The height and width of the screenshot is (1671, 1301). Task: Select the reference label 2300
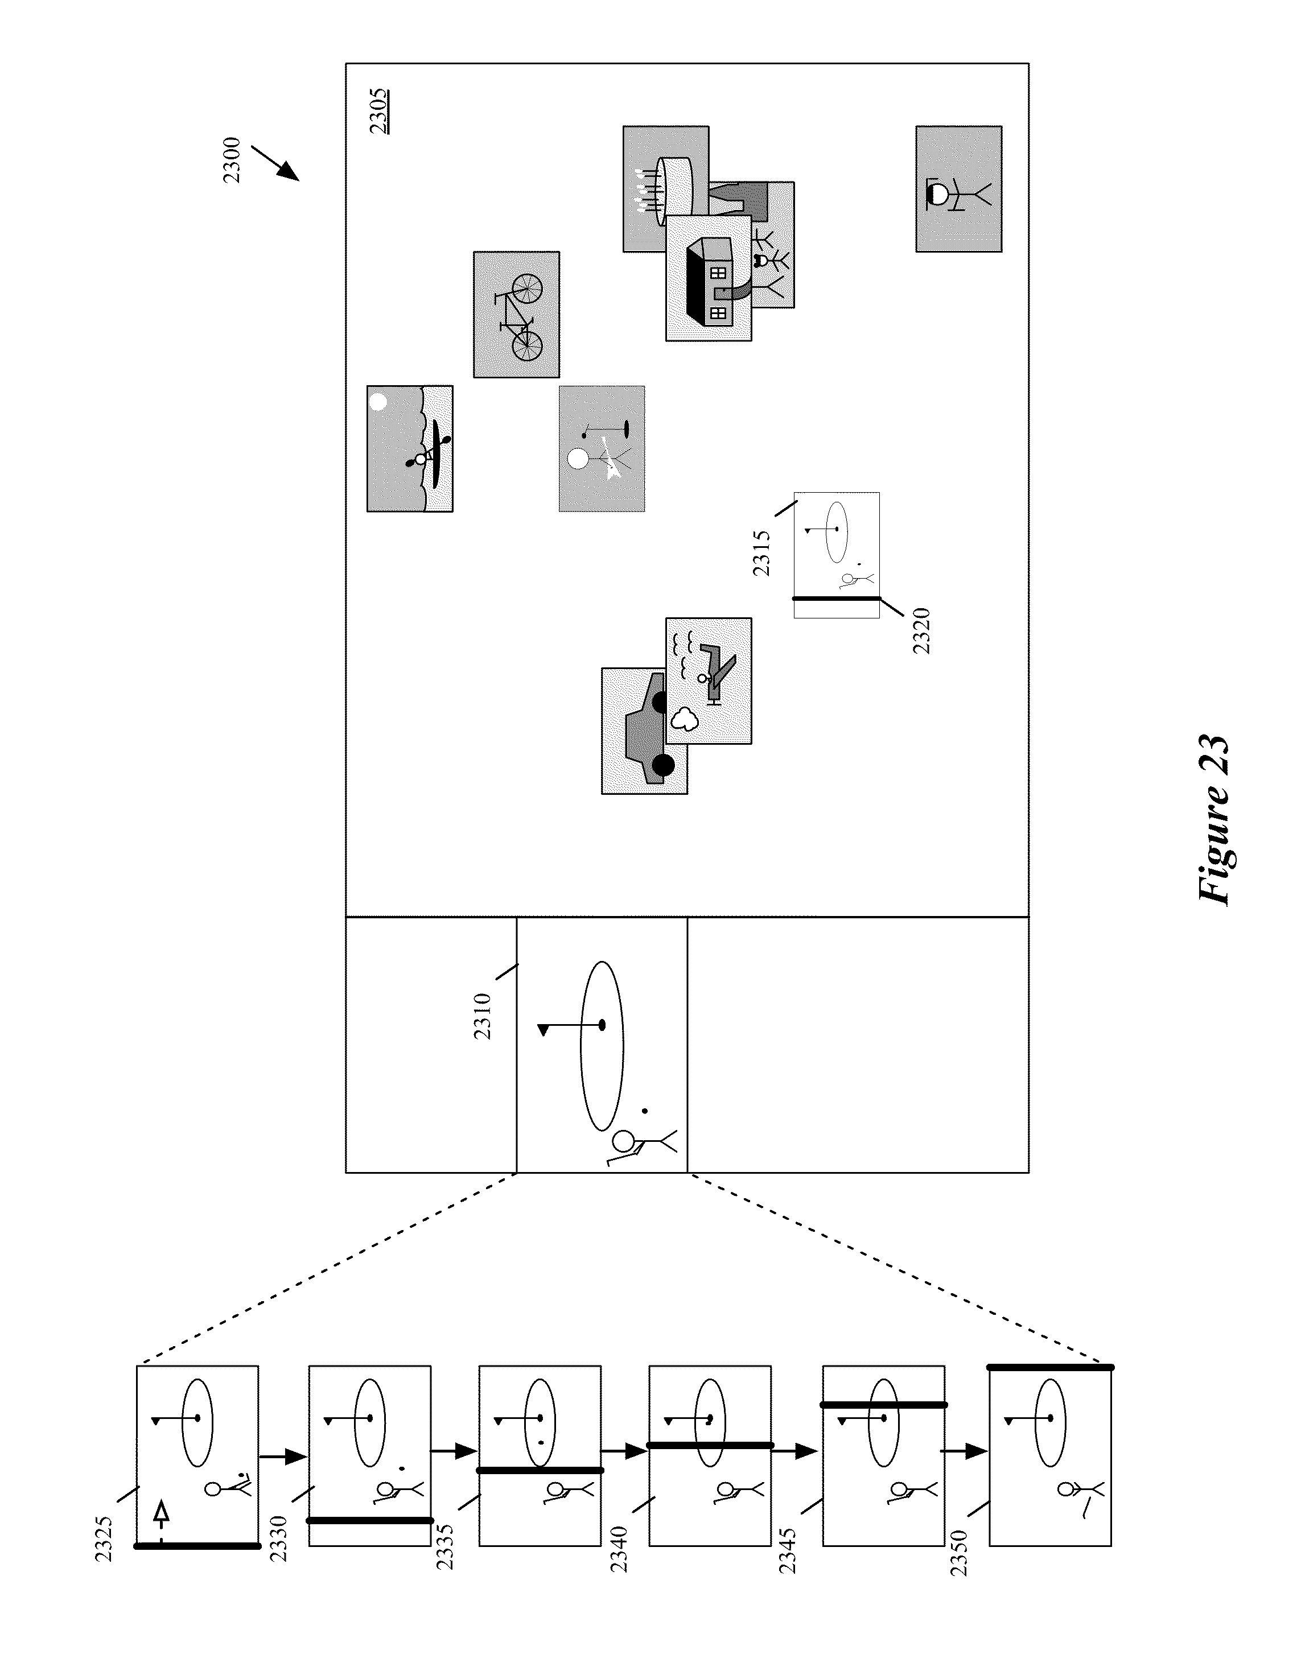231,160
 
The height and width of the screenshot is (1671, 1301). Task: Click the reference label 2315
761,553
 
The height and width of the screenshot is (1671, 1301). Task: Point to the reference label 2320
921,630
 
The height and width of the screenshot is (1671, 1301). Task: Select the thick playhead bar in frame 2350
1050,1367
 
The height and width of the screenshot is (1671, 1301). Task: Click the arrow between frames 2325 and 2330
283,1456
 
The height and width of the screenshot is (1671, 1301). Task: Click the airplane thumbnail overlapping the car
709,681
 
